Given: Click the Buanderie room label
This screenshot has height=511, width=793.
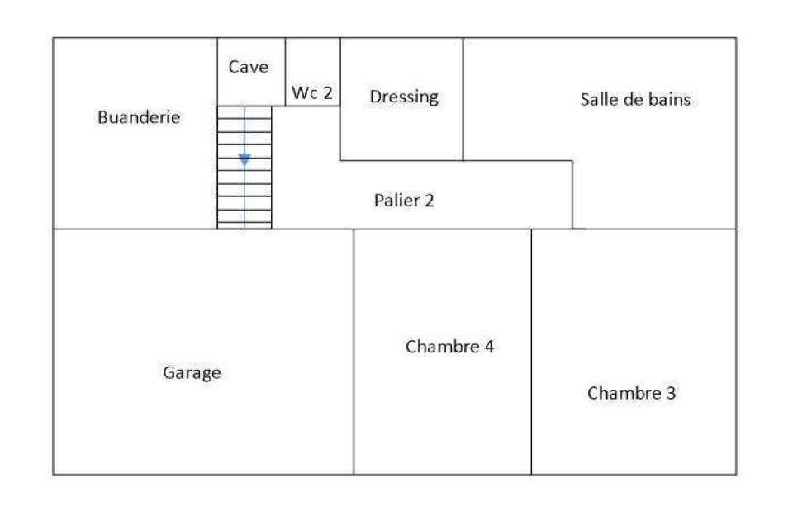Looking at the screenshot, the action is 139,117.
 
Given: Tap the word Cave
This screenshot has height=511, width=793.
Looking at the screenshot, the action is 249,67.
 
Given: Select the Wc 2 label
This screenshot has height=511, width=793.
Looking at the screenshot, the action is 312,93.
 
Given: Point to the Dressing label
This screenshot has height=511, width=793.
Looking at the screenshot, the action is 404,97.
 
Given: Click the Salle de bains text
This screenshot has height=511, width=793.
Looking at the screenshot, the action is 635,99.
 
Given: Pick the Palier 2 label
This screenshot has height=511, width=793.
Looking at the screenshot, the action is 404,200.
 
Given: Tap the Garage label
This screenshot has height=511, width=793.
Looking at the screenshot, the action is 192,373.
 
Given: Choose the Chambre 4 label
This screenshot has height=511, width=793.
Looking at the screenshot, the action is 449,346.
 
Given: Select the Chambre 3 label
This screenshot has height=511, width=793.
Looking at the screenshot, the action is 631,393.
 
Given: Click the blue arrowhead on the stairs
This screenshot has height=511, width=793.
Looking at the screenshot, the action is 245,161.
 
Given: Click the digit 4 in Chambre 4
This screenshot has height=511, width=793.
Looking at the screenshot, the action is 488,346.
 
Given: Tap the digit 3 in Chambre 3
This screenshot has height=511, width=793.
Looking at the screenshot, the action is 671,393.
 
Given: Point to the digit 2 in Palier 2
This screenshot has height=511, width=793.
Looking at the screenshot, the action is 430,200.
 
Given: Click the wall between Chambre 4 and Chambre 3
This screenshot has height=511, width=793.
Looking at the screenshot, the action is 531,352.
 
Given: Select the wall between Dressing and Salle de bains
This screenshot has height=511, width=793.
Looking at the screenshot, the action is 463,99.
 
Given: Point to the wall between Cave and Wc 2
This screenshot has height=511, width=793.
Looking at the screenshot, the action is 285,72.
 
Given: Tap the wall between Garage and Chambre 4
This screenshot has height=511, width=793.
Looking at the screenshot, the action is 354,352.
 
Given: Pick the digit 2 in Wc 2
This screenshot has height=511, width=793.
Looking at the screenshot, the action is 328,93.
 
